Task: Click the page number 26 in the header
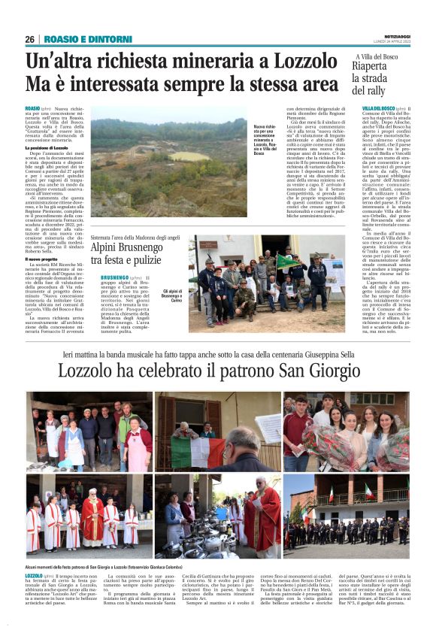(x=29, y=39)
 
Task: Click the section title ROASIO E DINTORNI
(x=78, y=39)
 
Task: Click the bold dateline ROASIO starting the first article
(x=33, y=109)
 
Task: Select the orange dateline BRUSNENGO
(x=114, y=277)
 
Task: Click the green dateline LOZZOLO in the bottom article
(x=34, y=575)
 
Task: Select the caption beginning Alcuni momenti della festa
(x=114, y=565)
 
